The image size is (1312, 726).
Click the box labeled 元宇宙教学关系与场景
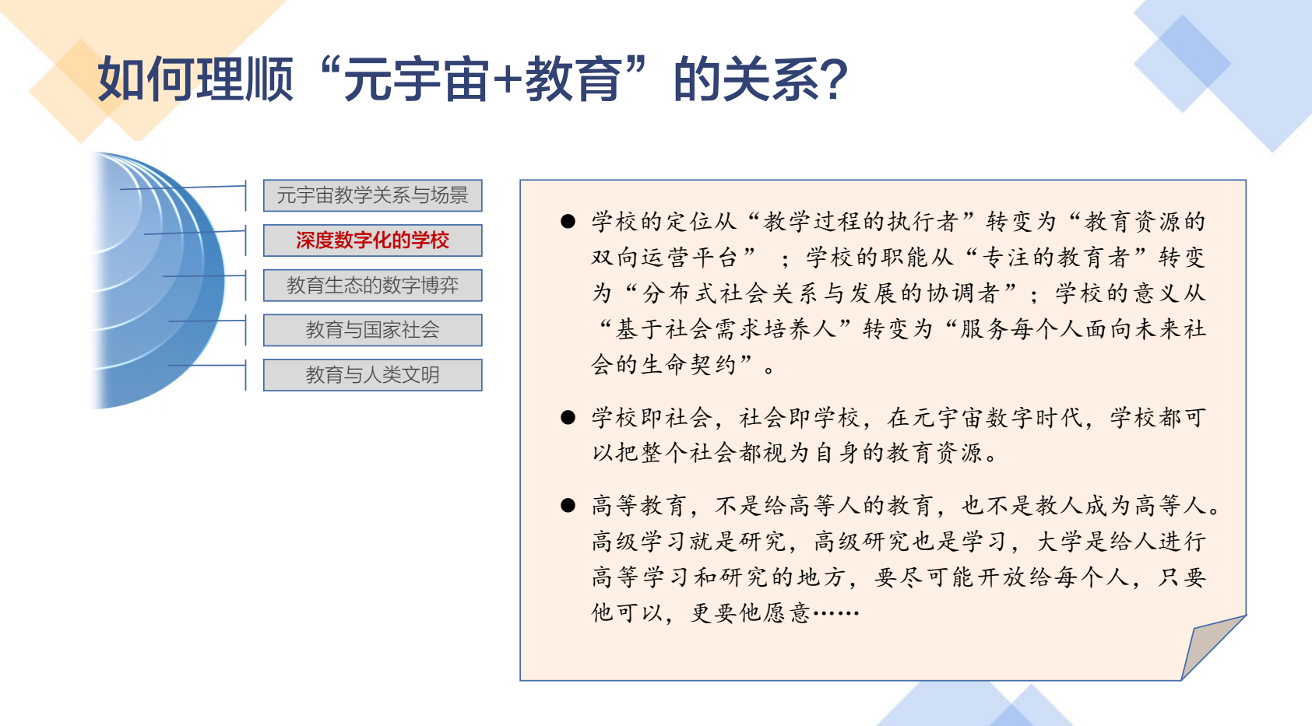coord(372,195)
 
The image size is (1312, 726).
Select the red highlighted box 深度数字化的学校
coord(372,240)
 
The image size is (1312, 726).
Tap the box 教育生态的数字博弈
coord(372,285)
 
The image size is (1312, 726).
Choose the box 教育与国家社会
coord(372,330)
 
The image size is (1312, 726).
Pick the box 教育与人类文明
coord(372,375)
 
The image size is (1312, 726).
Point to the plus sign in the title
coord(507,80)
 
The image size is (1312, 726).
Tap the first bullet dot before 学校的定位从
coord(568,221)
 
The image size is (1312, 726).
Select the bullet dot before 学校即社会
coord(568,417)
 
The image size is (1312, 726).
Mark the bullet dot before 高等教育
coord(568,505)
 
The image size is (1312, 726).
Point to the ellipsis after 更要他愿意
coord(836,613)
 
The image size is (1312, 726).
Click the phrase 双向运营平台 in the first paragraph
coord(664,258)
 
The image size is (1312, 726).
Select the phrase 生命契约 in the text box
coord(689,364)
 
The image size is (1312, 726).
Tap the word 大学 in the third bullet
coord(1061,542)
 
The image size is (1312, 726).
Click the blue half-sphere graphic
coord(158,280)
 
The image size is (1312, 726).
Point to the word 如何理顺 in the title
coord(195,79)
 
